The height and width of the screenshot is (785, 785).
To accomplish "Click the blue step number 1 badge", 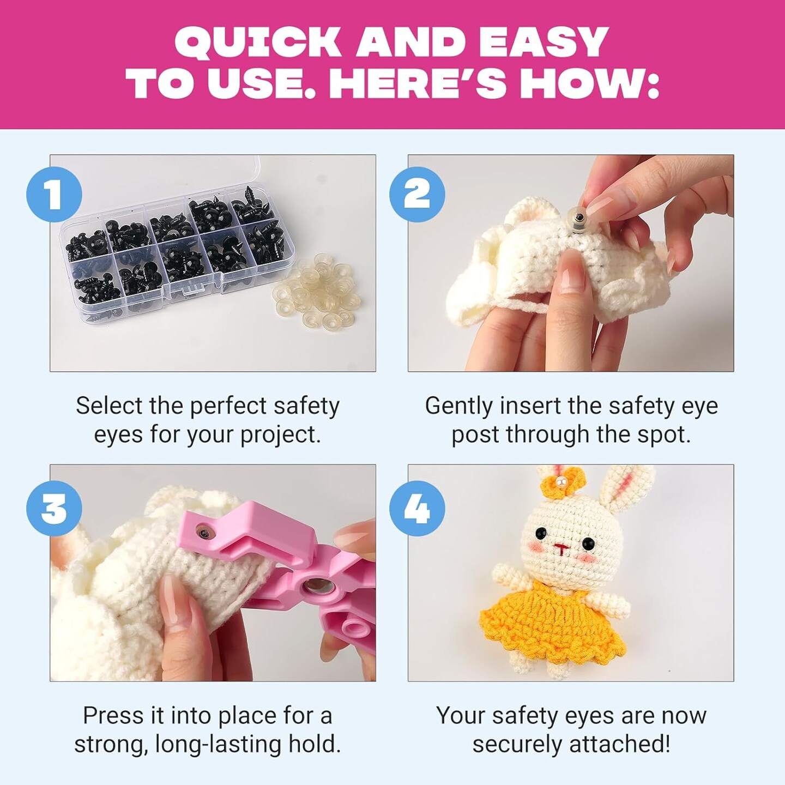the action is point(54,195).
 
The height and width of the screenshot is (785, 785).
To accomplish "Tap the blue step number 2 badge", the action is point(417,195).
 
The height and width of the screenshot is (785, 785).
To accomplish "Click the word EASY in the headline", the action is point(537,44).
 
